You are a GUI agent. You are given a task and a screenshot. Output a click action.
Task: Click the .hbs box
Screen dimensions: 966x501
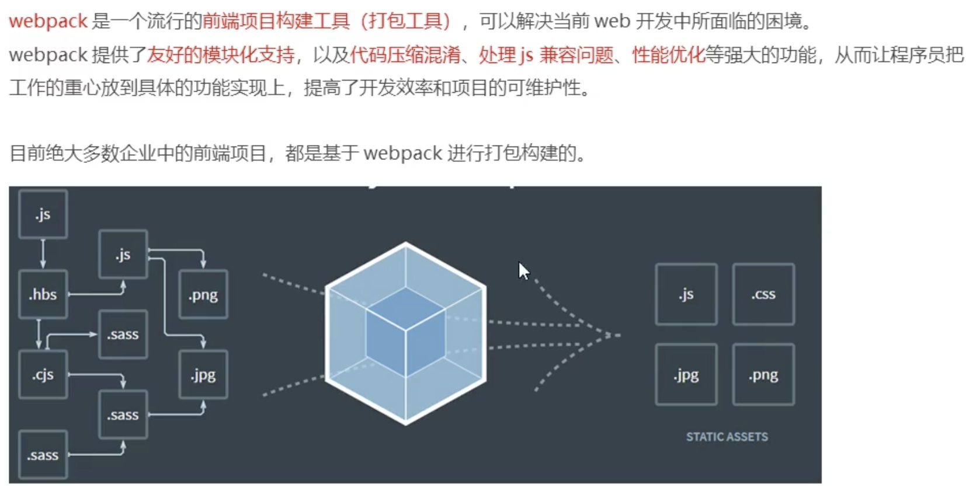tap(43, 294)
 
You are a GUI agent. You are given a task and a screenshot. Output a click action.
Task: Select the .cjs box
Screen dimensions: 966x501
tap(43, 374)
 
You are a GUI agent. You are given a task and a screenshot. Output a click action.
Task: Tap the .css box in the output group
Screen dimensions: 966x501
tap(763, 294)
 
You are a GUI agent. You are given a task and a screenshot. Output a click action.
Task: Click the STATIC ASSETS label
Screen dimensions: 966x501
tap(727, 437)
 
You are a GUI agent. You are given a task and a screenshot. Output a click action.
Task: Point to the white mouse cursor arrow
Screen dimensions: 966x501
tap(523, 270)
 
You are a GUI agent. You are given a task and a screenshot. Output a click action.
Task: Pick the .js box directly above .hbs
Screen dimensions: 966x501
tap(43, 214)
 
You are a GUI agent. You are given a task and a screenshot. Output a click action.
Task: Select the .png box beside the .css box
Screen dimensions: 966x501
tap(763, 375)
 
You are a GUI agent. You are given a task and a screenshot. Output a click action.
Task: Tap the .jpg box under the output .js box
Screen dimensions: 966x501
tap(686, 375)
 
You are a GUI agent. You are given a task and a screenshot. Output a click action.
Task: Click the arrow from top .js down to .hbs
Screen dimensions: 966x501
tap(43, 253)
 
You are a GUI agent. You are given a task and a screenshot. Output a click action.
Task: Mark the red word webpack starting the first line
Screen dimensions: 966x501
tap(48, 22)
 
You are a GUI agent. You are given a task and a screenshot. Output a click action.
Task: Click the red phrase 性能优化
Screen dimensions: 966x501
tap(668, 55)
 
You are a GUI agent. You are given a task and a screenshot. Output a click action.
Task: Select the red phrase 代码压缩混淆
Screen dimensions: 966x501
tap(405, 55)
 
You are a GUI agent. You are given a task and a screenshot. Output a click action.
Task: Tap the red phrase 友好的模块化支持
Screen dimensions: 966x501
tap(220, 55)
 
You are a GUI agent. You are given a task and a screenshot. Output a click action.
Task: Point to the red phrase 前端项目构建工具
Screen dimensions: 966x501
tap(276, 22)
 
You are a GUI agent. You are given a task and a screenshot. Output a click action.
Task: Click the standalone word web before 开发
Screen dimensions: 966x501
tap(612, 22)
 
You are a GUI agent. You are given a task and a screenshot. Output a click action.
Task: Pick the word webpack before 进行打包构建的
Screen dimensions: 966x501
tap(402, 154)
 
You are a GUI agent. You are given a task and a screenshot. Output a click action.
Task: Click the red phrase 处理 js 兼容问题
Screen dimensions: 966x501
tap(546, 55)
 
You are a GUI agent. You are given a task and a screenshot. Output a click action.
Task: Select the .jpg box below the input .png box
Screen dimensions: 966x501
tap(203, 374)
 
